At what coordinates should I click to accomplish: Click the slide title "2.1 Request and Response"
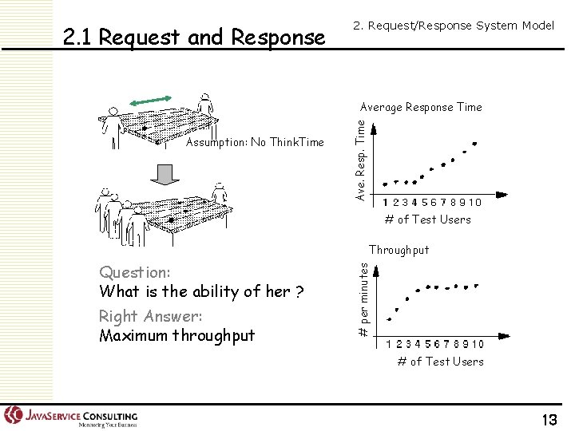(194, 37)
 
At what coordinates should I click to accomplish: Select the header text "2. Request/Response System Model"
(453, 26)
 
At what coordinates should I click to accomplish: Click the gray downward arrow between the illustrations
(165, 173)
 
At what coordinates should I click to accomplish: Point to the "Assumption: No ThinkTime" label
(255, 143)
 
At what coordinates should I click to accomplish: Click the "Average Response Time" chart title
(421, 107)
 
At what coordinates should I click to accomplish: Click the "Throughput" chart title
(399, 250)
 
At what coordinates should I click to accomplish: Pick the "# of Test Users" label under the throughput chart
(440, 362)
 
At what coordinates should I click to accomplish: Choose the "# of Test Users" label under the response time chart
(427, 219)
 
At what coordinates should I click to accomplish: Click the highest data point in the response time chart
(475, 144)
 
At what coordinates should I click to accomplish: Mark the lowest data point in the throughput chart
(389, 319)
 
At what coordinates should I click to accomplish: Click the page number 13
(549, 420)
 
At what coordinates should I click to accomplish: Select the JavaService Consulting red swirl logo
(14, 415)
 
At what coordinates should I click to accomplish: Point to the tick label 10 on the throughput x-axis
(477, 344)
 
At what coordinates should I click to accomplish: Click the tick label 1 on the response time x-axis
(386, 203)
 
